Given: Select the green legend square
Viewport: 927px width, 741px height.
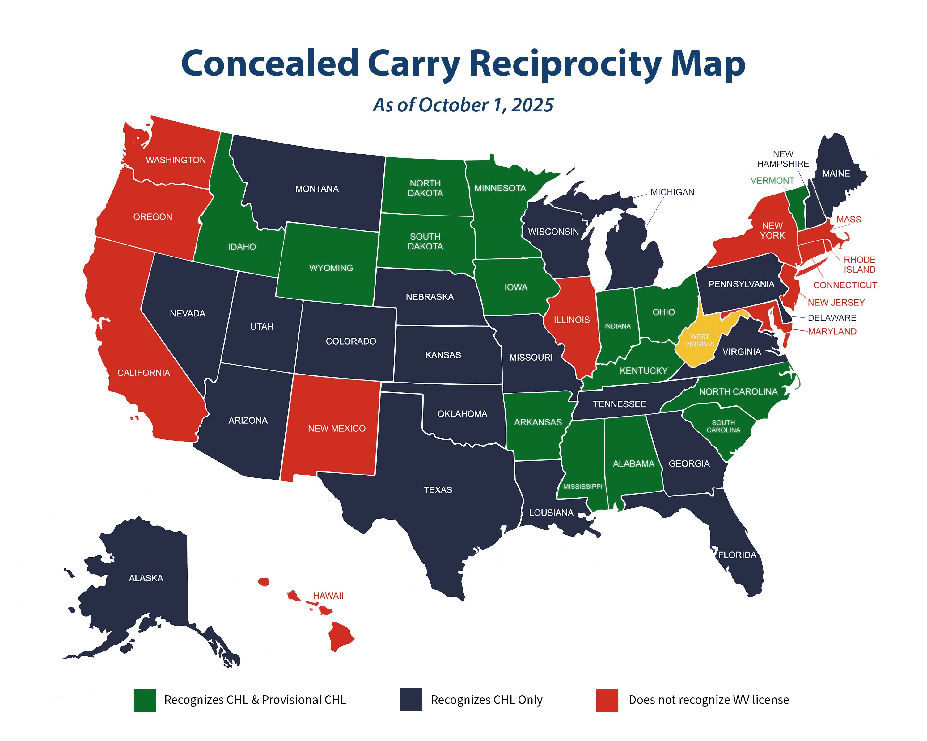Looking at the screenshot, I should [x=145, y=701].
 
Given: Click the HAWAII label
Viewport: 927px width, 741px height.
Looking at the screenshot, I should [x=328, y=596].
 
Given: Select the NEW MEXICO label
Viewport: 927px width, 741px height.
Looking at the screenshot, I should [x=337, y=428].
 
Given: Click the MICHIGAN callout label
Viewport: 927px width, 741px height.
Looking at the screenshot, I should [x=672, y=192].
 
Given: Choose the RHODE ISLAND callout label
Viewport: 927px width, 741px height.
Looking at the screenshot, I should [x=859, y=265].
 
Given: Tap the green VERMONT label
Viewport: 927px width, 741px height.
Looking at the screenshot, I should [x=772, y=180].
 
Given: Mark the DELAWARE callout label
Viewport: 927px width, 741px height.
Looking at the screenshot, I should [x=832, y=318].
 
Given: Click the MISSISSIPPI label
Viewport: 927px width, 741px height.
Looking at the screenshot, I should [x=582, y=487].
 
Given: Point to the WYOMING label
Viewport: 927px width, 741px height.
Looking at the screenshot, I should [x=331, y=268].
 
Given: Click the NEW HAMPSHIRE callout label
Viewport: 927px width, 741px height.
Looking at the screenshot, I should [x=782, y=159].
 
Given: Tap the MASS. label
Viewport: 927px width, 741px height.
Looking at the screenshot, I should [x=849, y=219].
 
